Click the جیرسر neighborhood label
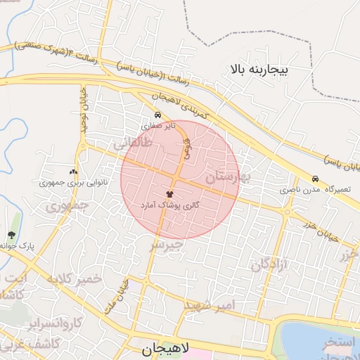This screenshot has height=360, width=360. (x=167, y=245)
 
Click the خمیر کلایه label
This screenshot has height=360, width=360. (x=74, y=279)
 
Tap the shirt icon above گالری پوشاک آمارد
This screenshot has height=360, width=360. (x=169, y=193)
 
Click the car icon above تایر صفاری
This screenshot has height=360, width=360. (x=157, y=115)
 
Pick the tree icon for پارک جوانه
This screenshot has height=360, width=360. (x=11, y=236)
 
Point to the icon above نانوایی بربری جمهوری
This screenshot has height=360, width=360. (x=73, y=172)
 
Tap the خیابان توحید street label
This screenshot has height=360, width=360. (x=83, y=105)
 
